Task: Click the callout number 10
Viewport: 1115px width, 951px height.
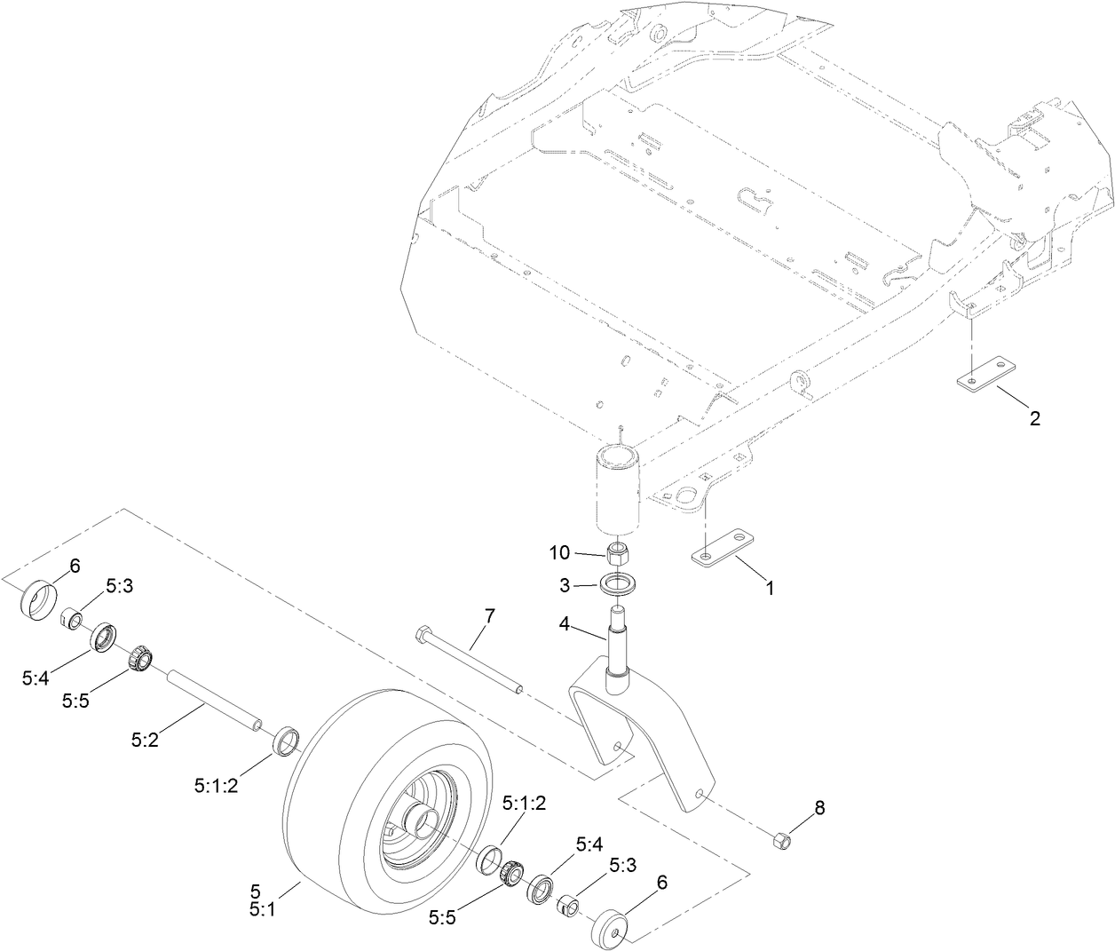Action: pos(558,552)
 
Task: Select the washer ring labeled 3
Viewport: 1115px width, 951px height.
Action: pos(619,585)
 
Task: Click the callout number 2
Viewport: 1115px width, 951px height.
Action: pos(1034,417)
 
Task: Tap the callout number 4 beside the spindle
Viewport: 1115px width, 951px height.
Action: pos(564,624)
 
